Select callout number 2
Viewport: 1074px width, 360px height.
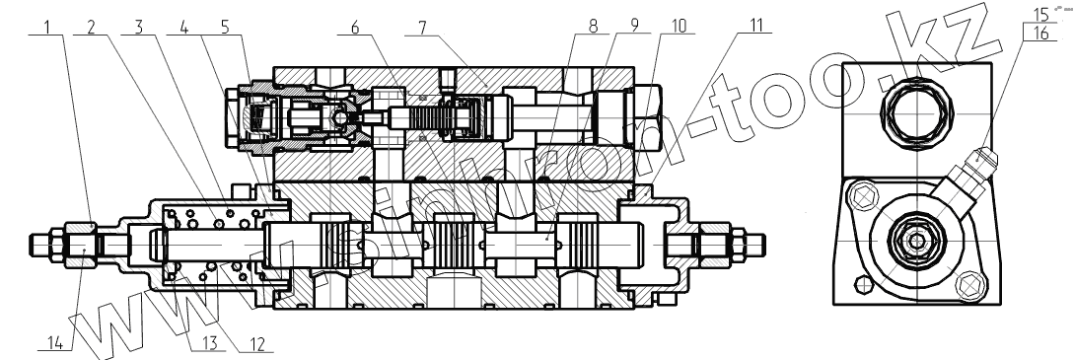[x=91, y=28]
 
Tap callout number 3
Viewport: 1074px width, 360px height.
[x=138, y=28]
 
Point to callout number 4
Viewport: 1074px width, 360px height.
[x=183, y=28]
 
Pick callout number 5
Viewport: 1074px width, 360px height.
[x=225, y=28]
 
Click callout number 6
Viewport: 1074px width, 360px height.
[x=354, y=28]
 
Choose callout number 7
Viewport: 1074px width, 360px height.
[x=423, y=28]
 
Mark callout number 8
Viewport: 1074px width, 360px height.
[x=593, y=27]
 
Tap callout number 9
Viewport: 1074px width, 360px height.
[x=635, y=26]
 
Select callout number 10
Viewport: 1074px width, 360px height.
[x=678, y=26]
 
